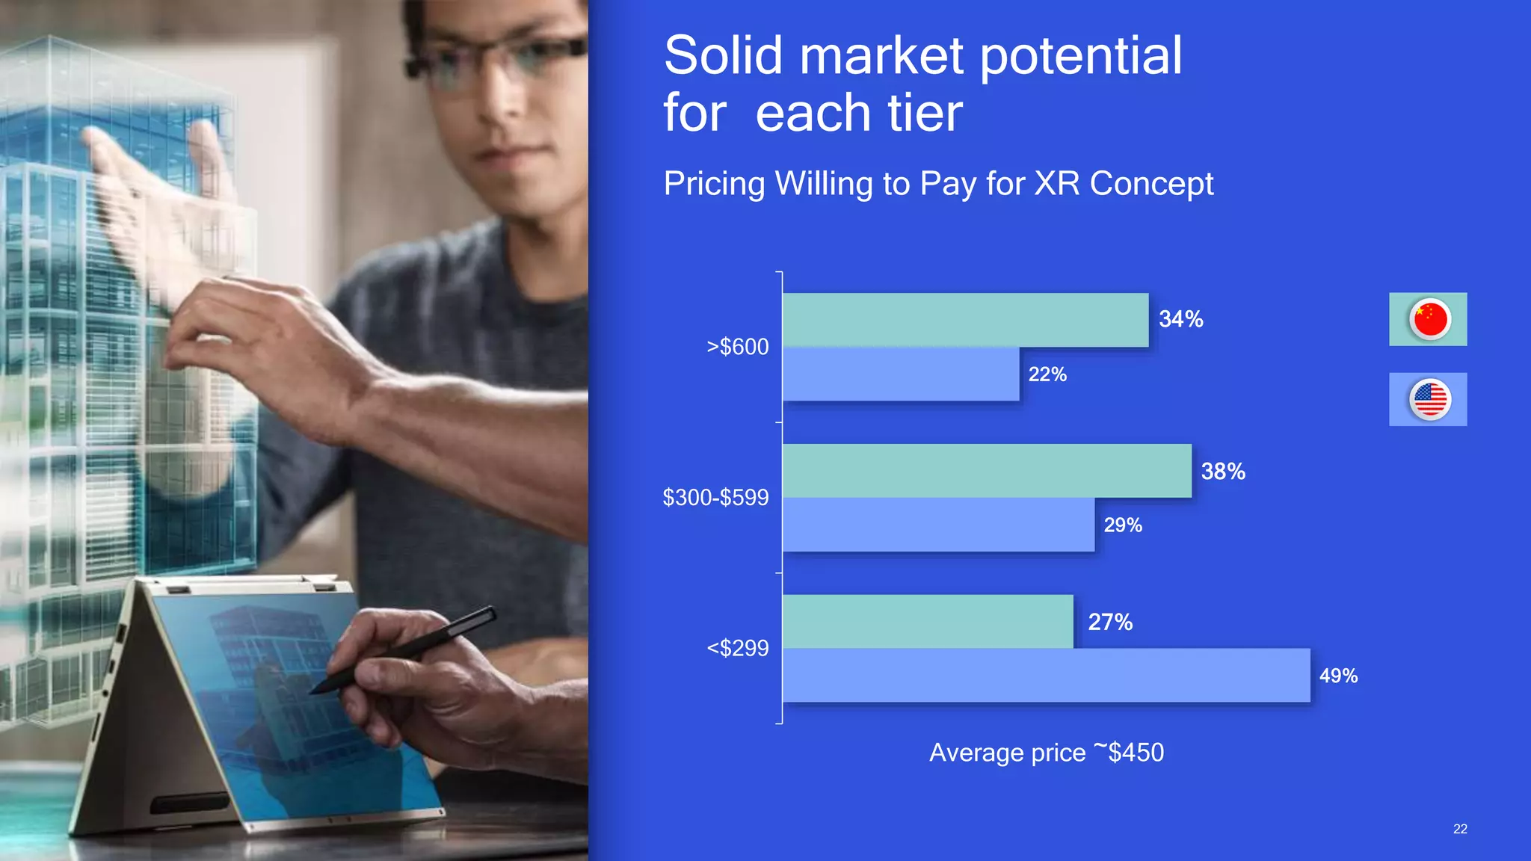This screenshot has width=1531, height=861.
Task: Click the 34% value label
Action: pyautogui.click(x=1180, y=319)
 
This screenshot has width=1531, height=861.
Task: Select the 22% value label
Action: pyautogui.click(x=1047, y=374)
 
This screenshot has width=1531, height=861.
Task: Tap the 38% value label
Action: pyautogui.click(x=1222, y=472)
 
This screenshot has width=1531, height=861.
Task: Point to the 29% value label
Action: pyautogui.click(x=1122, y=525)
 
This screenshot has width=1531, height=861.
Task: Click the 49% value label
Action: pyautogui.click(x=1337, y=676)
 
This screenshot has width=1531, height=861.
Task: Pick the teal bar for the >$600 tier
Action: pyautogui.click(x=964, y=320)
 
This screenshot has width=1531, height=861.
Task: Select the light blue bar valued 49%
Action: pyautogui.click(x=1046, y=675)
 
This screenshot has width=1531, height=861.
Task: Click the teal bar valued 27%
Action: pyautogui.click(x=927, y=621)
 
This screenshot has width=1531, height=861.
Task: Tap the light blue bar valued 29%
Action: pyautogui.click(x=938, y=525)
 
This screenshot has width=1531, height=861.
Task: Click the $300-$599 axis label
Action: pyautogui.click(x=715, y=498)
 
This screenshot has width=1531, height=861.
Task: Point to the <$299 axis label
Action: pyautogui.click(x=737, y=648)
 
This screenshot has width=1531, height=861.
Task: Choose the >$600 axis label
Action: pyautogui.click(x=737, y=347)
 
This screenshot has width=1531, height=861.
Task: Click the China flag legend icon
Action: pyautogui.click(x=1429, y=319)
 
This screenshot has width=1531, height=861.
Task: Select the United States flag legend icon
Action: pyautogui.click(x=1429, y=399)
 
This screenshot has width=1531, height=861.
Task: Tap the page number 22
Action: pyautogui.click(x=1459, y=829)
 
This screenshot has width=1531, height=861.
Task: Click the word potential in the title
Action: pyautogui.click(x=1080, y=57)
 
